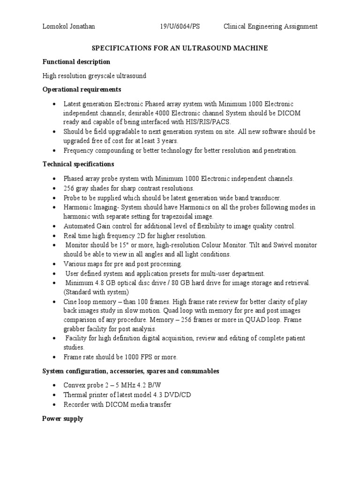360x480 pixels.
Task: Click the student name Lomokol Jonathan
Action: click(x=68, y=26)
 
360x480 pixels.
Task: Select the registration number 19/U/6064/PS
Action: click(x=180, y=26)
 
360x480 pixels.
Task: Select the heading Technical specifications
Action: click(x=78, y=164)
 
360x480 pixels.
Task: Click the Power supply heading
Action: click(x=62, y=419)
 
